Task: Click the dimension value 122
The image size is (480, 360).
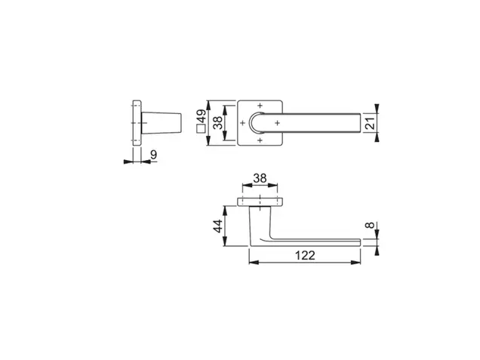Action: (x=305, y=255)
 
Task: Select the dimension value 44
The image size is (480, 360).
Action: (x=218, y=226)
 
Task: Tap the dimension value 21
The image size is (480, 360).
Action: (x=370, y=123)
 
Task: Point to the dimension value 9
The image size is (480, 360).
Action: (x=154, y=155)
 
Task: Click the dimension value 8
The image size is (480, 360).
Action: (x=370, y=225)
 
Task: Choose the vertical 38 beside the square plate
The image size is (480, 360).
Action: (x=218, y=123)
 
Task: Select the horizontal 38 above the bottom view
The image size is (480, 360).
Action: (x=260, y=178)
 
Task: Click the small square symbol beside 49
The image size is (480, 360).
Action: (x=201, y=128)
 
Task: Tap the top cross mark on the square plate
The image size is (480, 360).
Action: (x=260, y=106)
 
